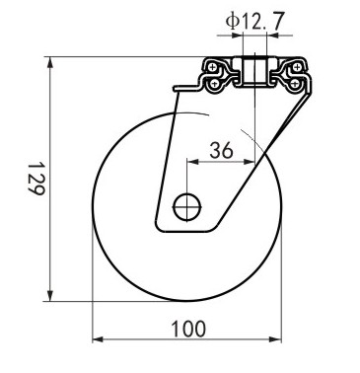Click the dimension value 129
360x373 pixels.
tap(36, 179)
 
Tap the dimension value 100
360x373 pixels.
tap(188, 329)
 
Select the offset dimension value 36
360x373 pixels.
tap(221, 151)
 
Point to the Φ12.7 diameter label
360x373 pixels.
tap(254, 21)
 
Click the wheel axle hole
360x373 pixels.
tap(187, 207)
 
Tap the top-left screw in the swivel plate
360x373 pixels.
tap(212, 68)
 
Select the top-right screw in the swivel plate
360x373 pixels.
tap(297, 68)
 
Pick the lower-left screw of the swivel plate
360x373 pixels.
tap(214, 84)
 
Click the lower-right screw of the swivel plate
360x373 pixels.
tap(295, 84)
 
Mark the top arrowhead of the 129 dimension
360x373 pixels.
tap(50, 62)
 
